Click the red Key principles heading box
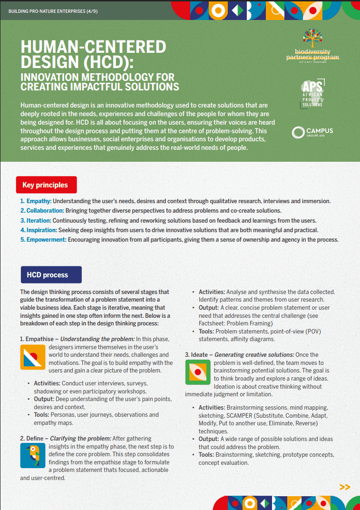point(45,185)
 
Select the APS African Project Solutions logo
point(312,93)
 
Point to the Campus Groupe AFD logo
point(312,132)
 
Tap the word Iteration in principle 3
point(39,221)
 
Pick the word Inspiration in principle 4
point(41,230)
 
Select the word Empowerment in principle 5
point(46,240)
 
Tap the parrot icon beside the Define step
point(32,455)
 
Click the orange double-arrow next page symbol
point(345,487)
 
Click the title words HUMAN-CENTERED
point(93,47)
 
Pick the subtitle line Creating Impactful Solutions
point(100,87)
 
